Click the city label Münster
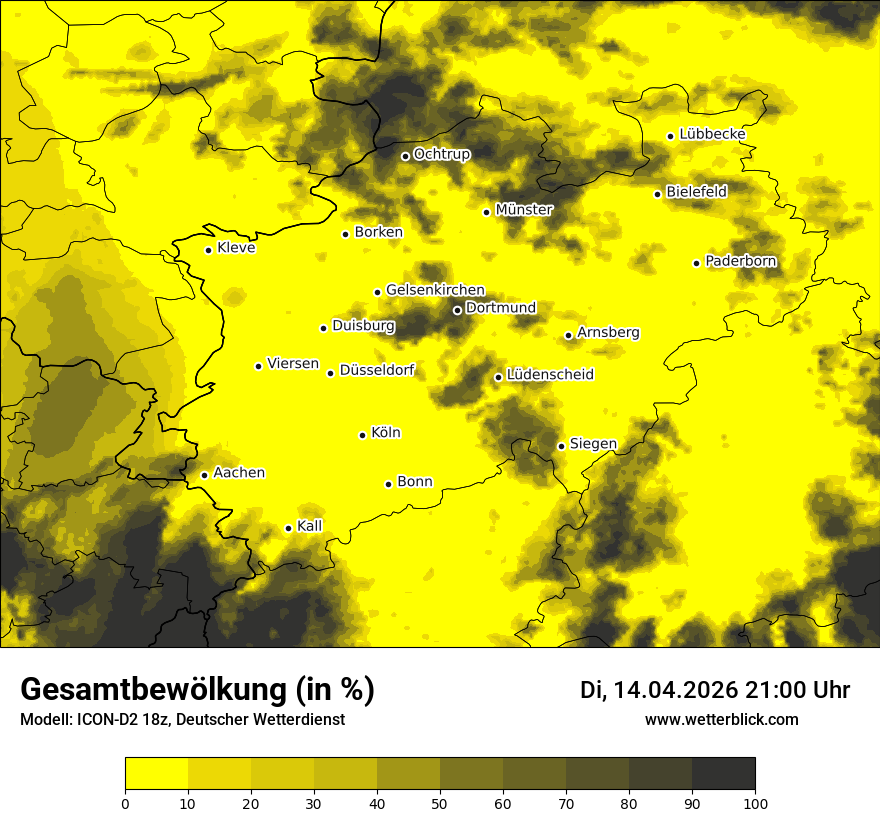pos(524,210)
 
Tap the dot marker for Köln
pos(363,435)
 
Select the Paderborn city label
pos(740,261)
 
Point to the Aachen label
pos(239,473)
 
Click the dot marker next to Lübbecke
pos(670,136)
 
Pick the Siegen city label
pos(593,444)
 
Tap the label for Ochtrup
pos(442,154)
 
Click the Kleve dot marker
pos(208,250)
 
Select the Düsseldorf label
pos(377,371)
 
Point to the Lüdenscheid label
pos(550,375)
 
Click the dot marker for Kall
pos(288,528)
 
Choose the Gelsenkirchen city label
pos(435,290)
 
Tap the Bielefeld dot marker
pos(657,194)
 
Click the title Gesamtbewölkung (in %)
pos(197,689)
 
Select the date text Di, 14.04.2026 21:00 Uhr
pos(714,690)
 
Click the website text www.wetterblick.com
pos(721,719)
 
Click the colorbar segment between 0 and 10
pos(156,773)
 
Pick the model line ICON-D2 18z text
pos(182,720)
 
